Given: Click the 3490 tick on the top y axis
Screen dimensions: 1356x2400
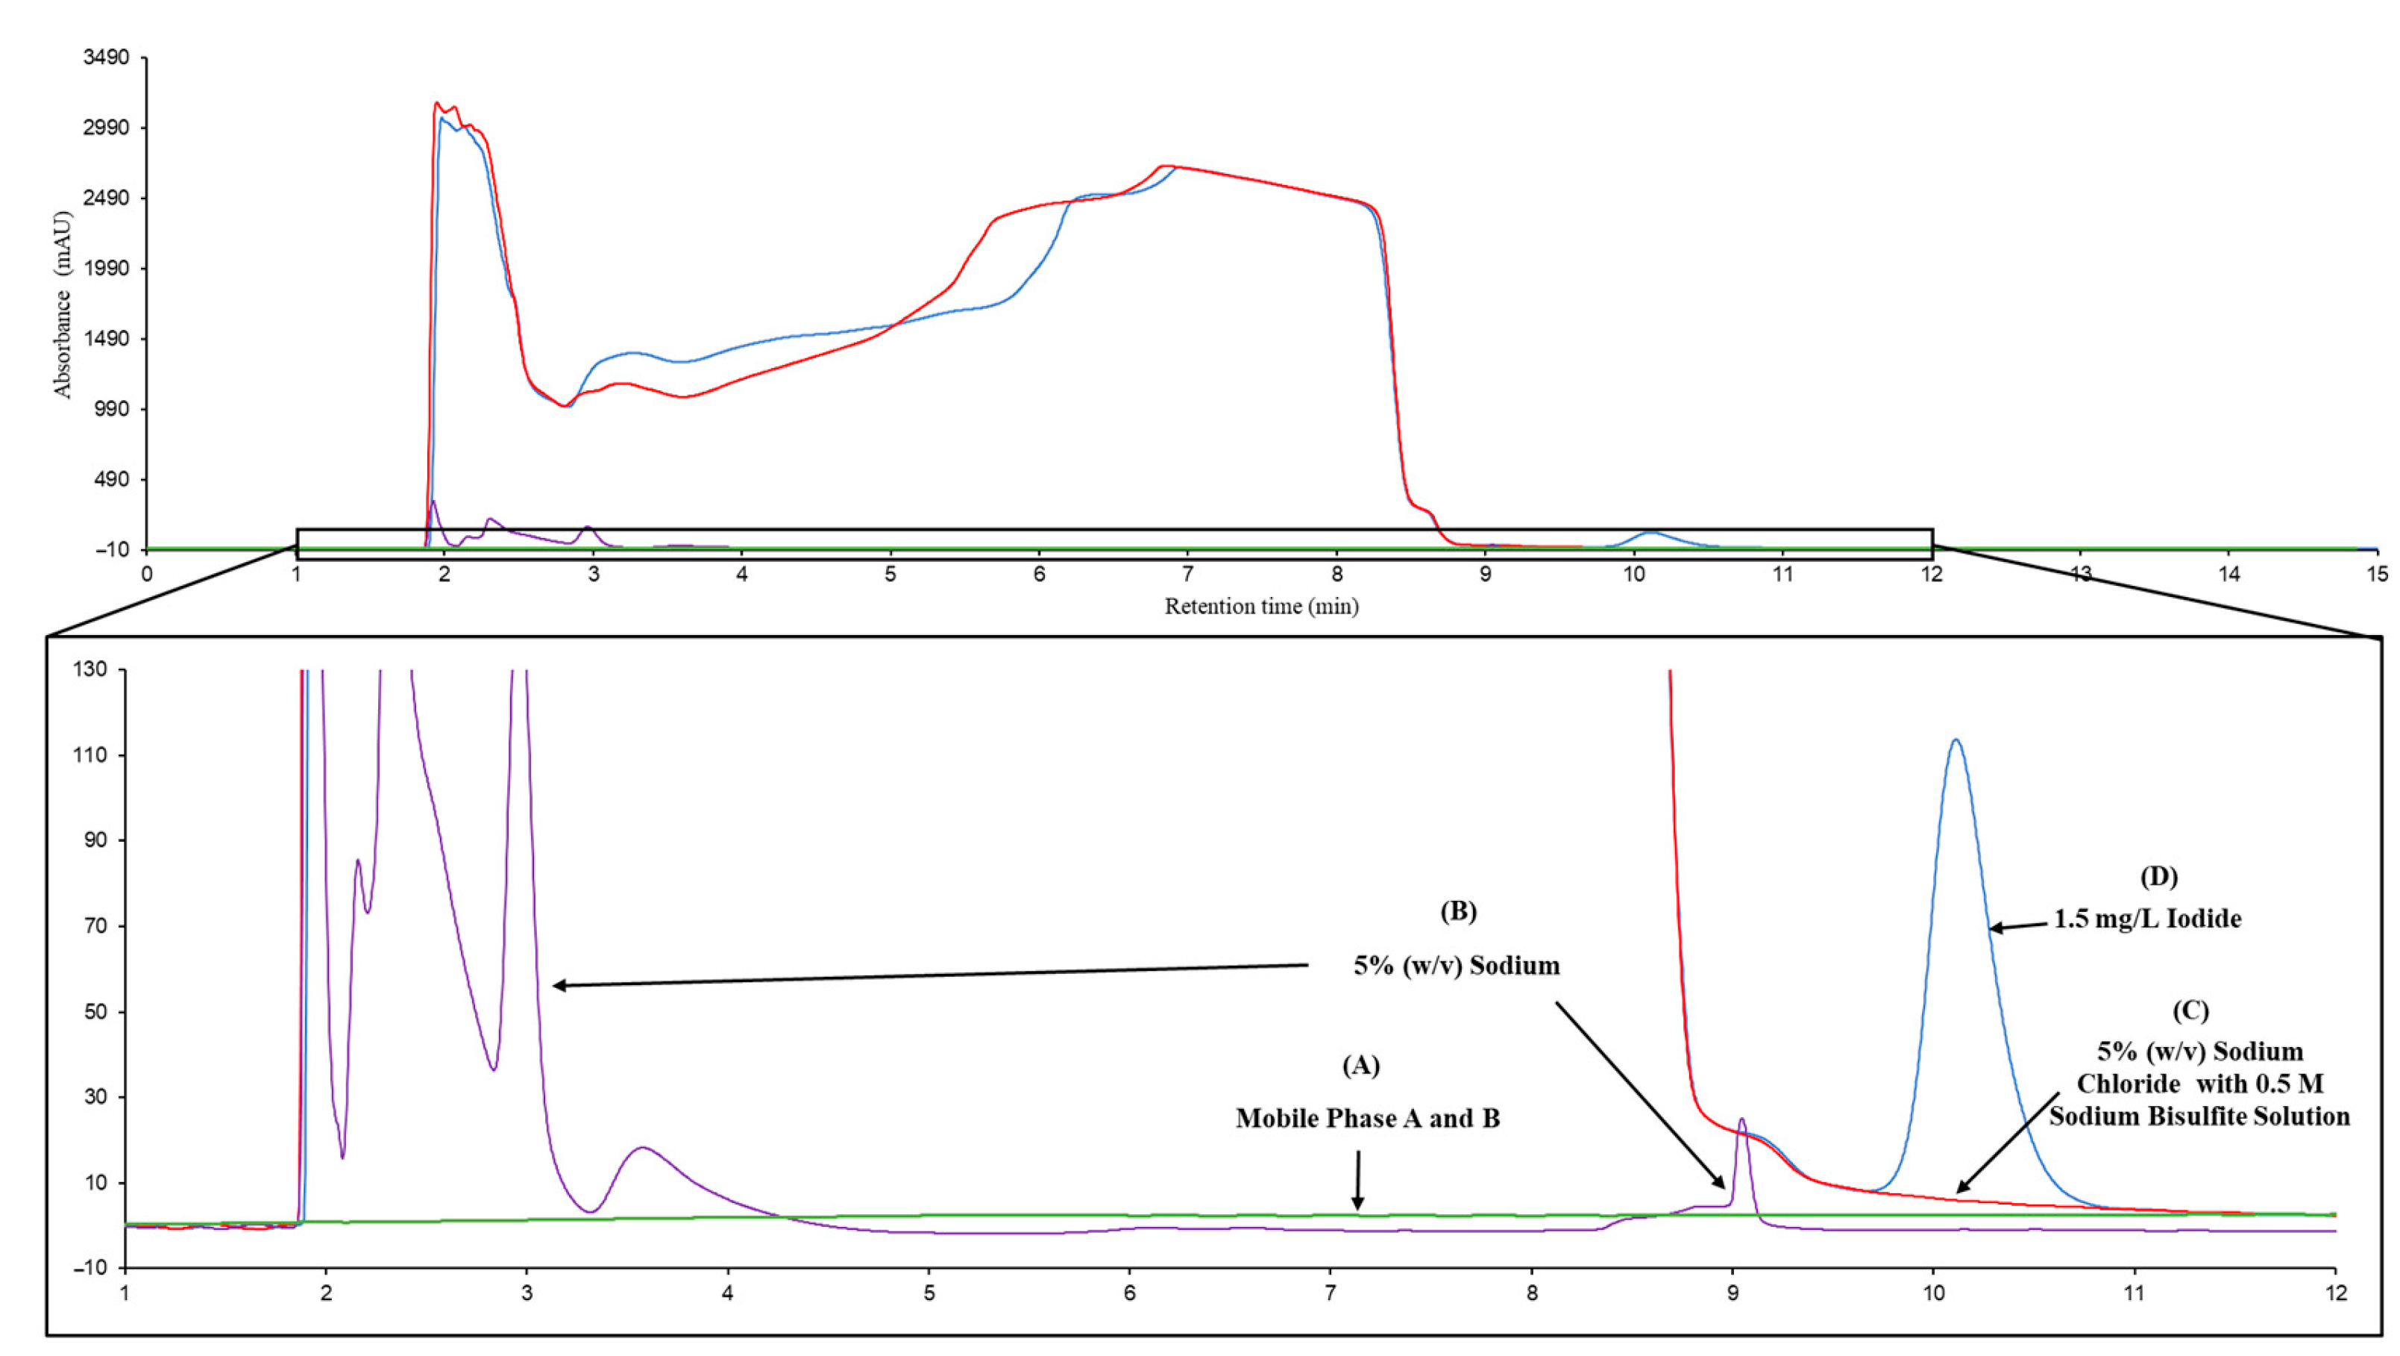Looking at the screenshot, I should click(106, 57).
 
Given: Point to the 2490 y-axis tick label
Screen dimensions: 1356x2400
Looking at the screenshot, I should click(106, 199).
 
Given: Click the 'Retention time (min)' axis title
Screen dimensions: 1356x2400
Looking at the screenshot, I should click(1260, 607).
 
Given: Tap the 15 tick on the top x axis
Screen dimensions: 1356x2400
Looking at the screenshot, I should click(2378, 574).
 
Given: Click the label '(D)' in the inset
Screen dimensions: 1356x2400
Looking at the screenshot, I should click(2158, 876).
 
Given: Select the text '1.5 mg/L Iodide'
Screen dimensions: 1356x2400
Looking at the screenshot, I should click(2147, 919).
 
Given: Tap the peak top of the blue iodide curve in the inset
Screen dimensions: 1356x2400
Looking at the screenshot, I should click(1956, 741).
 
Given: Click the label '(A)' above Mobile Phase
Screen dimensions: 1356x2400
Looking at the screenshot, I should click(1360, 1065).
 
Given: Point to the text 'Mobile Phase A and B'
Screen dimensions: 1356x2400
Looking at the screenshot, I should click(1367, 1119).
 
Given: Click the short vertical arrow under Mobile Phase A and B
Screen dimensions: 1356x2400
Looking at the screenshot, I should click(1357, 1180).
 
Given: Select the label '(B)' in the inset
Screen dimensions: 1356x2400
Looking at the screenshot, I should click(1458, 911).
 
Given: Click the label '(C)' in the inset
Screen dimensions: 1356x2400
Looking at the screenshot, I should click(2190, 1011).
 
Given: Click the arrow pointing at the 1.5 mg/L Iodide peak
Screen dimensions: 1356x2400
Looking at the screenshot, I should click(2020, 925).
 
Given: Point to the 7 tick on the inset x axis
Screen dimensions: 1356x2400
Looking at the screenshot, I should click(1331, 1293).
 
